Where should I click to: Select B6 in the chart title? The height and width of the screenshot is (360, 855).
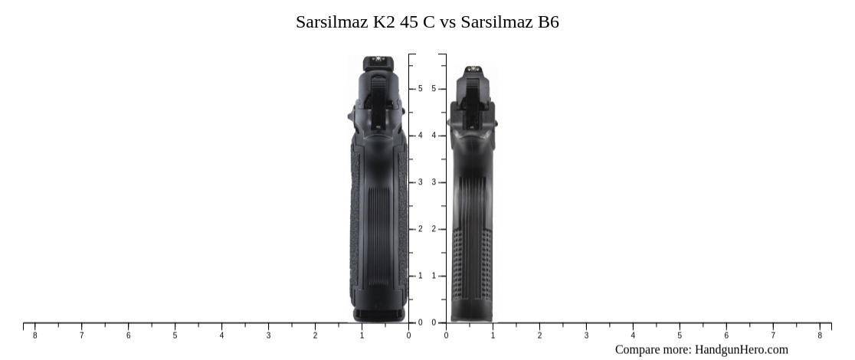click(x=548, y=22)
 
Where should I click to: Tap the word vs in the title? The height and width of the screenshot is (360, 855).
click(x=447, y=22)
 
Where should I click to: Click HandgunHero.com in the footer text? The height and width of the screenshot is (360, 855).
click(x=741, y=349)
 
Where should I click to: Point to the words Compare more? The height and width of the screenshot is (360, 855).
click(x=652, y=349)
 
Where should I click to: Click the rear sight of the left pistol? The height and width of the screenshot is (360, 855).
click(x=375, y=62)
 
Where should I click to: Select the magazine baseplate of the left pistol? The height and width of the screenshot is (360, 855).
click(x=378, y=313)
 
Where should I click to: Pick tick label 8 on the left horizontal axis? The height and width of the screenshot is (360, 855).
click(x=34, y=335)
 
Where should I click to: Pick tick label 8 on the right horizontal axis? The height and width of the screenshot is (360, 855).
click(x=820, y=335)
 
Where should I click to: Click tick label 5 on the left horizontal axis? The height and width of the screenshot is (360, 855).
click(x=175, y=335)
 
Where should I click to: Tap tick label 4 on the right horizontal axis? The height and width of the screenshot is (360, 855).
click(x=633, y=335)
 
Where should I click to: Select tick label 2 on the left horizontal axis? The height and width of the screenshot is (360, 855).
click(x=315, y=335)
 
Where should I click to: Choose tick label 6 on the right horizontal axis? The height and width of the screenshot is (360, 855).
click(x=726, y=335)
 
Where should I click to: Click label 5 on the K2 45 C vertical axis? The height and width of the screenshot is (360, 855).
click(x=420, y=89)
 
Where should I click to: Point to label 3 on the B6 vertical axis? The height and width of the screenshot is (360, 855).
click(x=434, y=182)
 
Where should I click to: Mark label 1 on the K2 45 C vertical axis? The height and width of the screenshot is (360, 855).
click(x=420, y=276)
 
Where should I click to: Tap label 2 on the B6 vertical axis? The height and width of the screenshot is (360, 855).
click(x=434, y=229)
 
